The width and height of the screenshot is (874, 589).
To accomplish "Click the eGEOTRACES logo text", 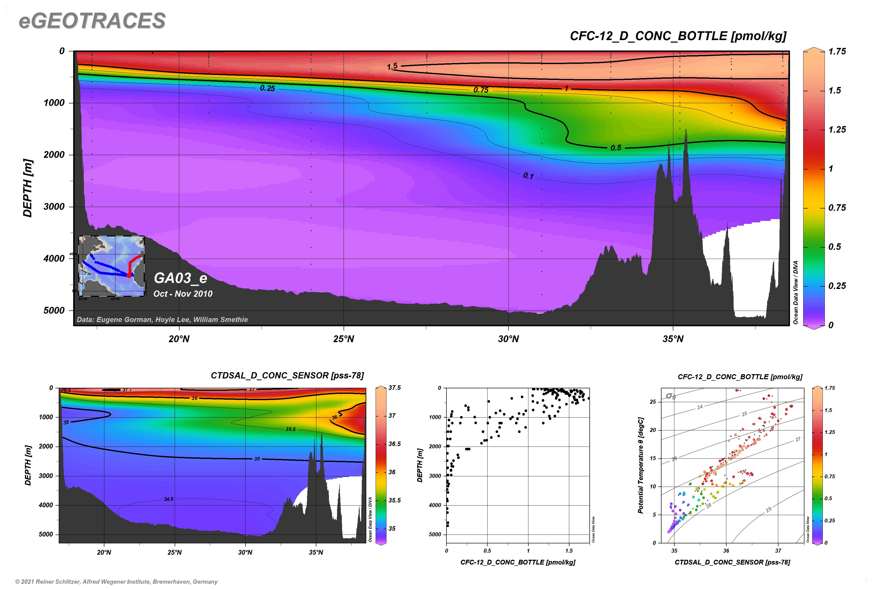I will tap(92, 21).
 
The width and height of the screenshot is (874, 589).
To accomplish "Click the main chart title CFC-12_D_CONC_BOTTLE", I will tap(678, 36).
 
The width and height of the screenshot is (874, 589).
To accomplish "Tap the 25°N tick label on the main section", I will tap(343, 339).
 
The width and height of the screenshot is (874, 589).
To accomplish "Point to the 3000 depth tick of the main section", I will tap(54, 207).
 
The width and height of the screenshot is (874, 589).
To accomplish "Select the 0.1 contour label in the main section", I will tap(528, 176).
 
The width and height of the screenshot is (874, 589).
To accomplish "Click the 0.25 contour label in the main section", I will tap(267, 88).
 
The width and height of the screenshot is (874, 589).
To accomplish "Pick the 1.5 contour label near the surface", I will tap(392, 67).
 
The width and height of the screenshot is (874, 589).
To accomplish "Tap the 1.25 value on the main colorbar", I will tap(837, 130).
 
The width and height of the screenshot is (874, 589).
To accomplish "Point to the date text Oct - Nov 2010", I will tap(183, 294).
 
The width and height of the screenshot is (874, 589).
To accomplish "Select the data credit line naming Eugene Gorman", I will tap(162, 320).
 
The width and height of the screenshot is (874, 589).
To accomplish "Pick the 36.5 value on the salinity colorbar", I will tap(394, 444).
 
